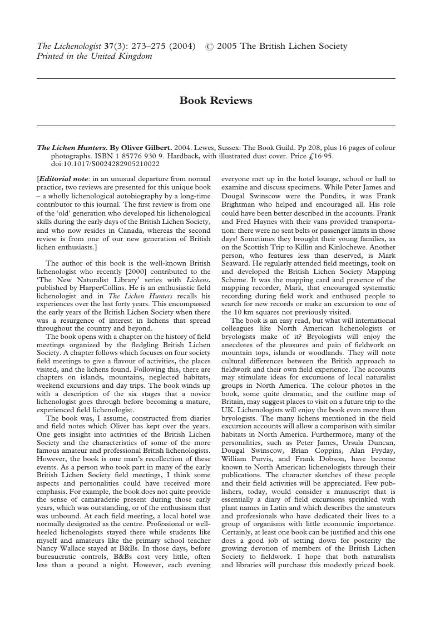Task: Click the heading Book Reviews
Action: coord(216,101)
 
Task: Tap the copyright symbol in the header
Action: coord(209,47)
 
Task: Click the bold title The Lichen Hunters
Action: coord(72,148)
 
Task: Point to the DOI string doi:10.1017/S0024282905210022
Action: coord(105,164)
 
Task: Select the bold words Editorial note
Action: coord(63,179)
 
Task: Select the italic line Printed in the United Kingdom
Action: coord(94,56)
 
